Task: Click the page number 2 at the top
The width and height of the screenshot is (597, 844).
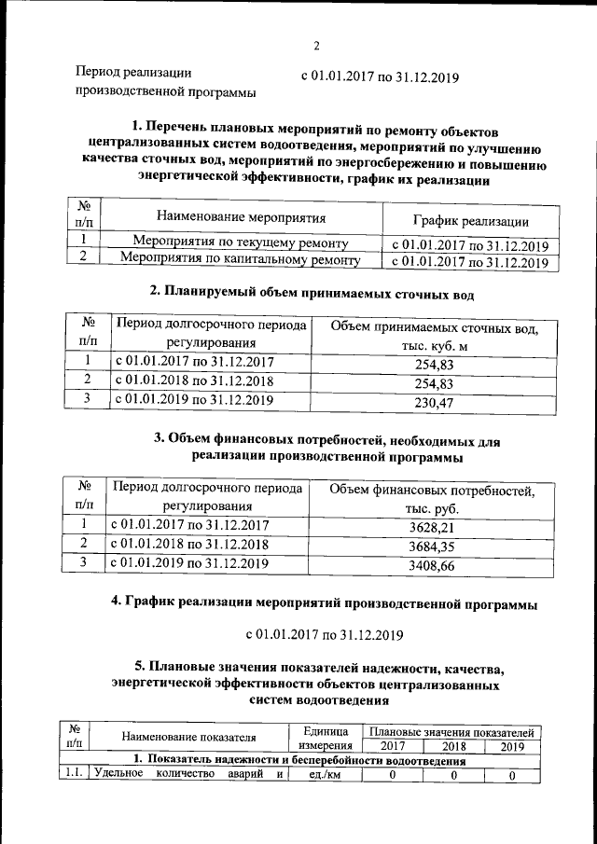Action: [316, 46]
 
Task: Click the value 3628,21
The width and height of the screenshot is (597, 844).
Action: [431, 527]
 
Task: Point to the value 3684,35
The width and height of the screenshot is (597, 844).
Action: [431, 546]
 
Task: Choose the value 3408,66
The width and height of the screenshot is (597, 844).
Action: [431, 565]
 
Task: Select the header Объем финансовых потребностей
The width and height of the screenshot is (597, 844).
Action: [431, 491]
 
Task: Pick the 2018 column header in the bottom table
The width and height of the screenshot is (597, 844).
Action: [453, 746]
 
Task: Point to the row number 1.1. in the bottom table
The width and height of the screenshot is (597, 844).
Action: [74, 774]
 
